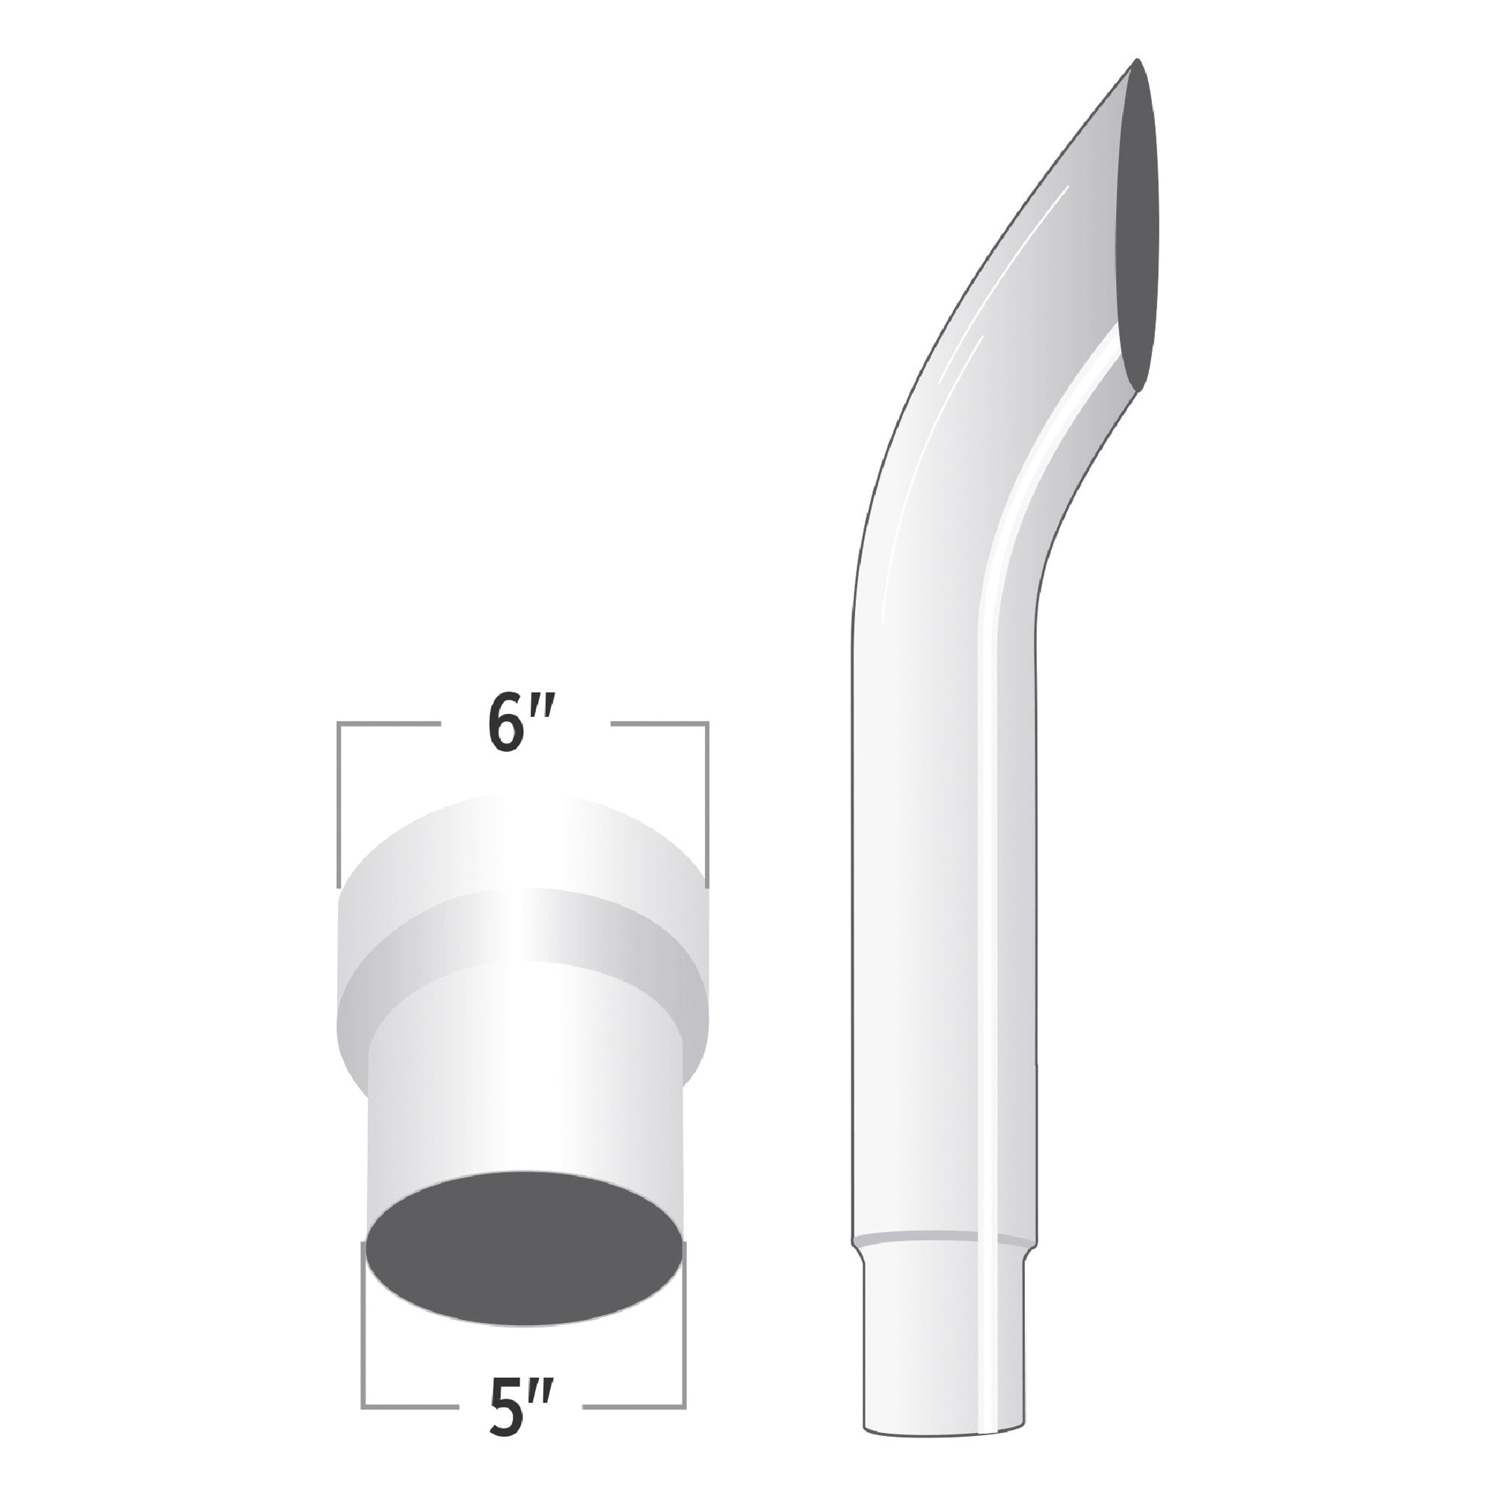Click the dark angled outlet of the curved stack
coord(1138,232)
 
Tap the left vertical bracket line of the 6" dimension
coord(338,805)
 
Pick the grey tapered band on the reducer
coord(523,952)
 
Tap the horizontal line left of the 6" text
coord(387,724)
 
